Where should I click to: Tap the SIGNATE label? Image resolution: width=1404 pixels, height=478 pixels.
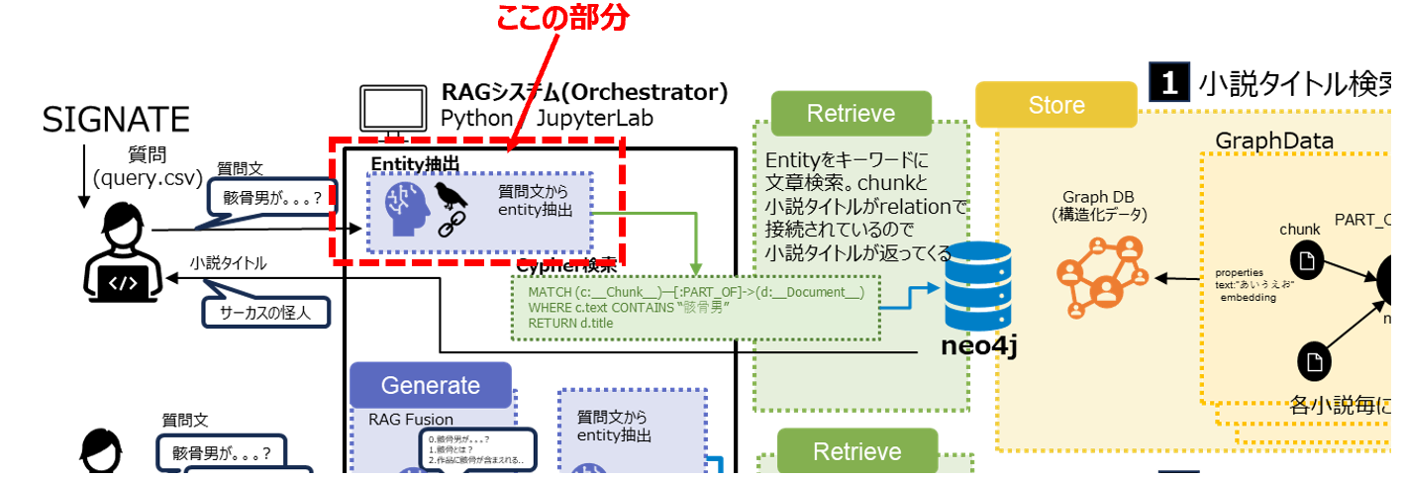pos(115,120)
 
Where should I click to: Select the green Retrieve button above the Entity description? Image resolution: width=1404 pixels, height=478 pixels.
pos(851,113)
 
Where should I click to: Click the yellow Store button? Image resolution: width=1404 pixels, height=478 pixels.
pos(1055,105)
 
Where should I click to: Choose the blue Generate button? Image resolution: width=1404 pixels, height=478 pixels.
pos(430,385)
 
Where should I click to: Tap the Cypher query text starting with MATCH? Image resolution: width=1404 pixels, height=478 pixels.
pos(624,308)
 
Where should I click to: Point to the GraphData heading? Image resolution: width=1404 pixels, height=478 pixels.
pos(1274,142)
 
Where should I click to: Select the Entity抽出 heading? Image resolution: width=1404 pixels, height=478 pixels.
pos(416,162)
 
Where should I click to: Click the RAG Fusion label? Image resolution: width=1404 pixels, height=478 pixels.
pos(410,419)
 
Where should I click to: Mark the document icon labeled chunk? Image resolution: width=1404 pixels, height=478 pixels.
pos(1307,259)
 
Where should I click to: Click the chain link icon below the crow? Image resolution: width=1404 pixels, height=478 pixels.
pos(451,228)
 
